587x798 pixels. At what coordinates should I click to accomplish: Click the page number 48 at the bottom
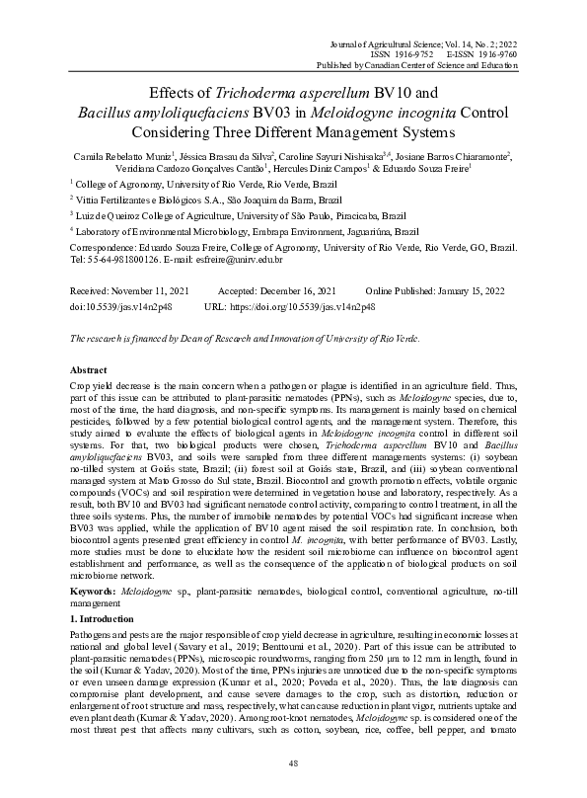293,763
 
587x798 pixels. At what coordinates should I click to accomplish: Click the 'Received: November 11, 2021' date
127,293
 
